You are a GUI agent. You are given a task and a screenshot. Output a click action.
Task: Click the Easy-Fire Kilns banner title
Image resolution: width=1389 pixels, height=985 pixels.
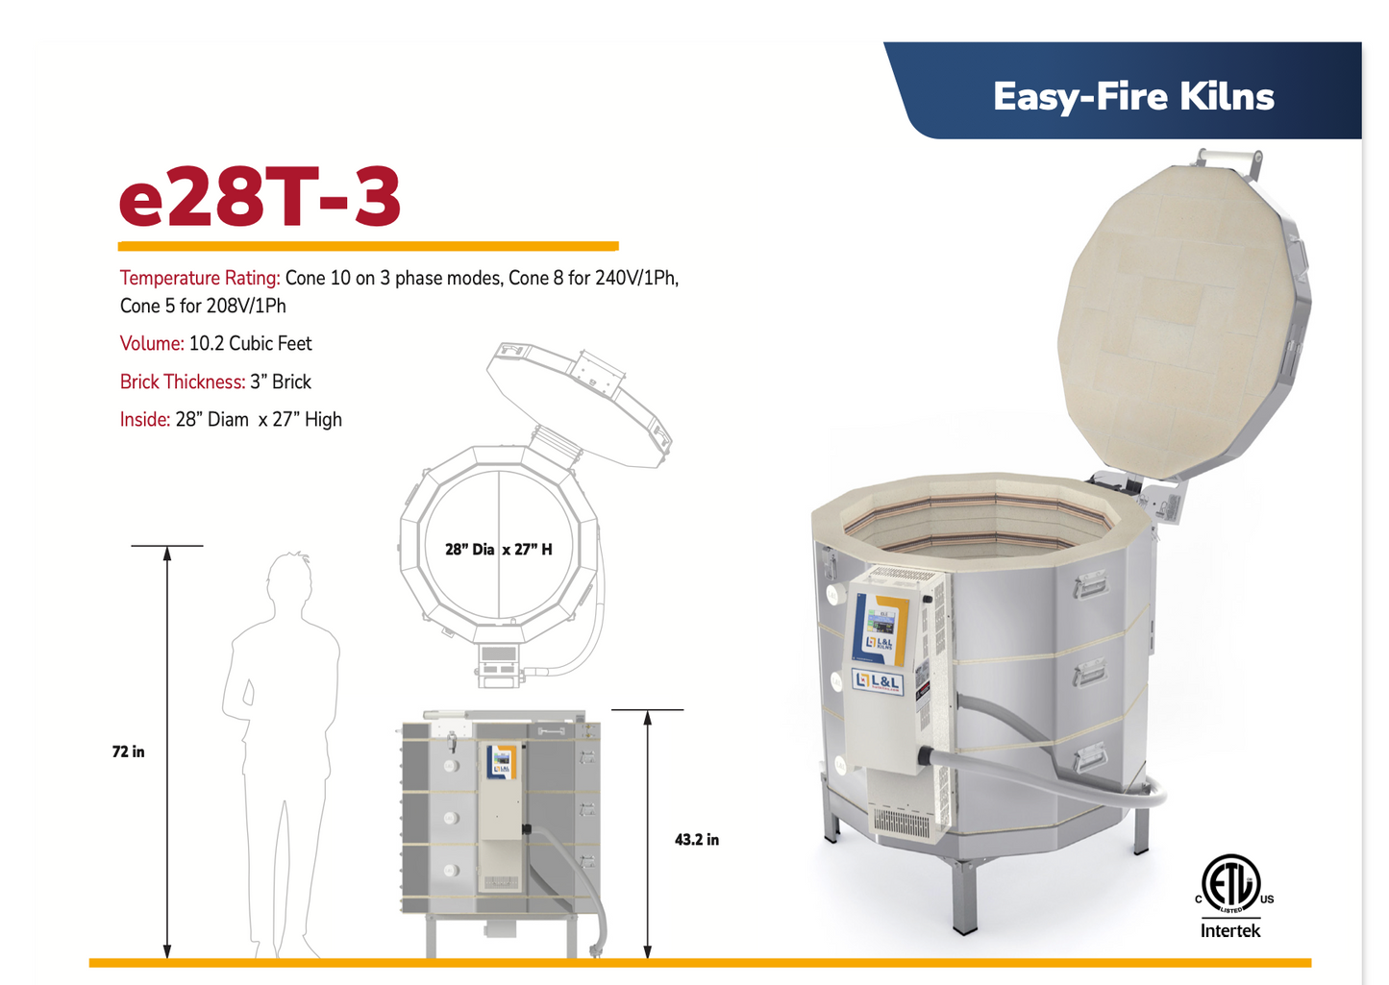[1132, 97]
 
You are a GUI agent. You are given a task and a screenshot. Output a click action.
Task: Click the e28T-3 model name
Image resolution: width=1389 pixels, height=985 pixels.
[260, 197]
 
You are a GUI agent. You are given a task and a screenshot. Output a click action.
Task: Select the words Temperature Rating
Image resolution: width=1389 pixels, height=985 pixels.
[199, 279]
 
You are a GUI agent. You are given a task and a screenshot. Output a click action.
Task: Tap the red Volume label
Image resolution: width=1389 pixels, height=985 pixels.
[152, 344]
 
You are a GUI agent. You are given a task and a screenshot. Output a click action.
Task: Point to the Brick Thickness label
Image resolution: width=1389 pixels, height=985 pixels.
[182, 382]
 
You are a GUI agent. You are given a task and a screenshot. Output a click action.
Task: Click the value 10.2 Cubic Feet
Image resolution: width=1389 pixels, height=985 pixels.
[250, 344]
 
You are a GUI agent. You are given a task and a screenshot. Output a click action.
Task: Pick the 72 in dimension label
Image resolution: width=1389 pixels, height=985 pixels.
[128, 751]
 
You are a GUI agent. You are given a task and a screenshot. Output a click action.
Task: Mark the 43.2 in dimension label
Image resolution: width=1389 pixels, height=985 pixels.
[696, 840]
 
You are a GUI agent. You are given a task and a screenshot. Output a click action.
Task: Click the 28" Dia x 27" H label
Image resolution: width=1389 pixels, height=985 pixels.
[498, 550]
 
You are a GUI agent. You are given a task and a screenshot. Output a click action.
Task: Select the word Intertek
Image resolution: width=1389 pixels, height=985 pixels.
[1230, 931]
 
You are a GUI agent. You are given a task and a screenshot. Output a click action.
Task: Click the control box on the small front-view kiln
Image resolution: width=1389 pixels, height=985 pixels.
[501, 812]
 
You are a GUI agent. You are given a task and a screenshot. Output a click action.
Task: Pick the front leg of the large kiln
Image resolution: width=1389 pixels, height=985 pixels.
[964, 899]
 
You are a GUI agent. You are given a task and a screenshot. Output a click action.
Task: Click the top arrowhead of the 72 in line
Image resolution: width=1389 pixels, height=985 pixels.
[167, 554]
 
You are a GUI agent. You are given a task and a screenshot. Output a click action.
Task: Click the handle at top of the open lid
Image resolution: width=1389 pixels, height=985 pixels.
[1229, 157]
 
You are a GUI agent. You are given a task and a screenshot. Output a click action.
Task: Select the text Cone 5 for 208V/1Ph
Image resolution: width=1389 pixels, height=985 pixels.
[203, 307]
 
